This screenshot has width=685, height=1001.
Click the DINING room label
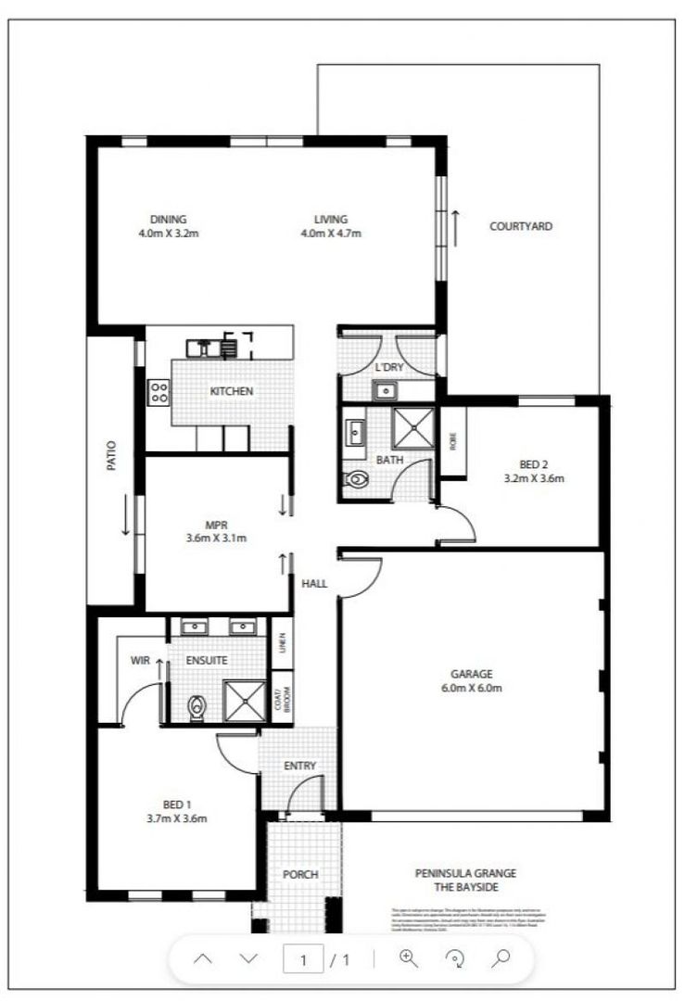coord(168,220)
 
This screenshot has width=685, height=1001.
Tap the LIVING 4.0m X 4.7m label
coord(330,220)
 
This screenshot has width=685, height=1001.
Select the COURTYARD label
coord(521,226)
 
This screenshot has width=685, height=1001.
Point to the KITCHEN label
coord(231,391)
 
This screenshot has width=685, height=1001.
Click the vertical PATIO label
coord(112,456)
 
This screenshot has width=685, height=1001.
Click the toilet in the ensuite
coord(196,708)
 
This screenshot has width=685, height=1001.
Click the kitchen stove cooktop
coord(159,392)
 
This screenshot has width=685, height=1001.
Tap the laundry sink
coord(384,390)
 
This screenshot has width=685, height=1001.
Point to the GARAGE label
coord(472,674)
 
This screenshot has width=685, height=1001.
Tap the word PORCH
coord(300,874)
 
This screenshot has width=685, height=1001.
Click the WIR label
coord(140,660)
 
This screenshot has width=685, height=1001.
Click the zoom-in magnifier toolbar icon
coord(409,959)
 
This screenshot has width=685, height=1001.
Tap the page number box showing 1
coord(303,960)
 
